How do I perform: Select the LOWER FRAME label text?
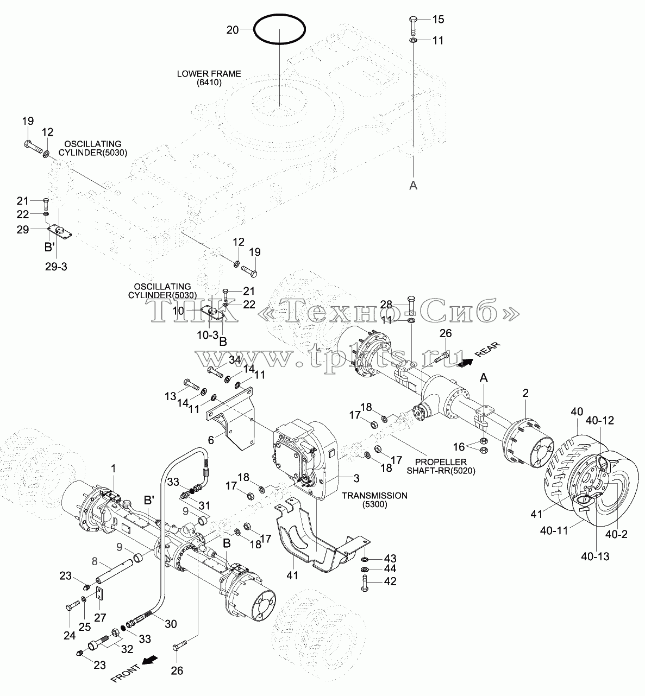pos(209,78)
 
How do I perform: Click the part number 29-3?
pos(56,267)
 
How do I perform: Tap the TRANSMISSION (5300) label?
pos(375,500)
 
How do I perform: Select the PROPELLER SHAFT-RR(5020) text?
pos(441,466)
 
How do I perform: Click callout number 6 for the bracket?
pos(210,440)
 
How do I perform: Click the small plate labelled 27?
pos(99,593)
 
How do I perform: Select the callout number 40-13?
pos(595,556)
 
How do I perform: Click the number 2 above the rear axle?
pos(525,393)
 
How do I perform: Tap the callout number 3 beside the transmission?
pos(356,478)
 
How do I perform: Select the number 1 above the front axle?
pos(113,468)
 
